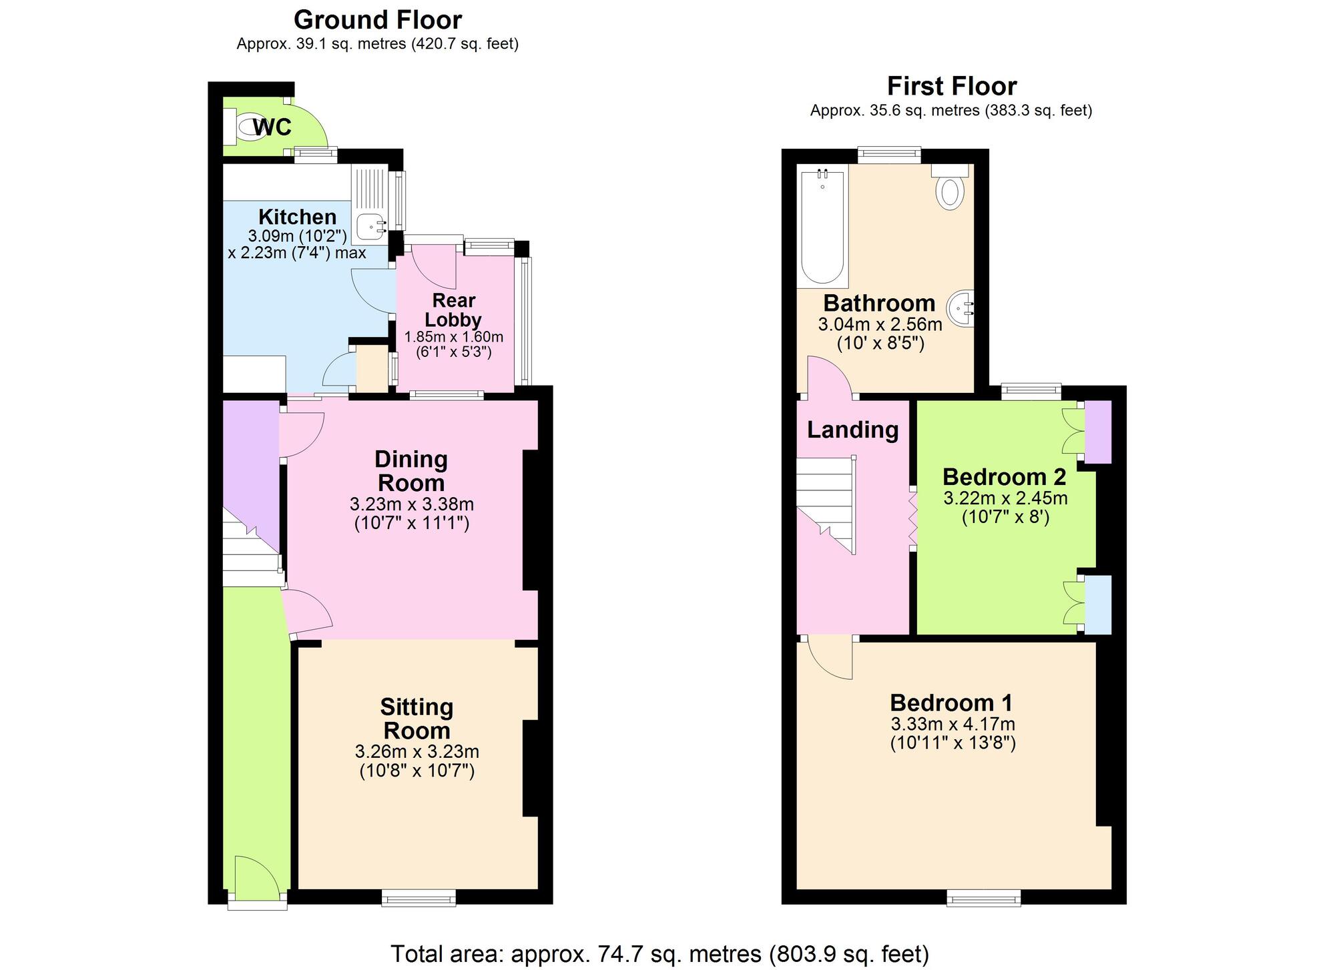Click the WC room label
272,127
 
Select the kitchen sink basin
369,227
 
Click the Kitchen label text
297,217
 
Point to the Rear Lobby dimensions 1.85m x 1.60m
454,337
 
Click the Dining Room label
411,471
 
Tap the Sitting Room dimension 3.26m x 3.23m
417,752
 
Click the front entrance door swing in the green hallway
257,874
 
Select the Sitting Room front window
419,898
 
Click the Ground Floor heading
378,20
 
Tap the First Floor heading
951,86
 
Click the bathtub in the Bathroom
822,227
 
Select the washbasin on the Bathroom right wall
965,308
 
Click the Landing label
852,430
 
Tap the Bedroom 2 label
1004,477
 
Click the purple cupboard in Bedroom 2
1098,432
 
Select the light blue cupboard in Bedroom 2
1098,604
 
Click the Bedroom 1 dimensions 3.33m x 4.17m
953,724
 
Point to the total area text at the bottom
659,953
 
